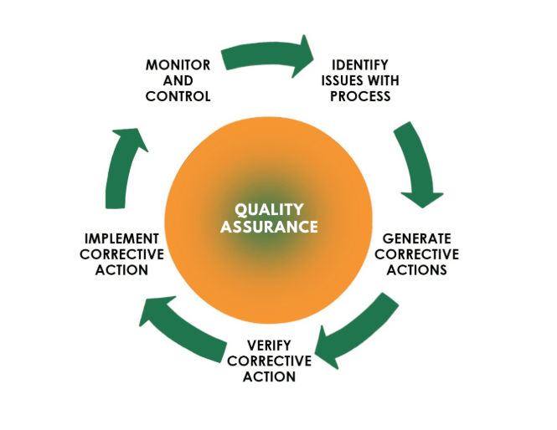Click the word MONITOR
(178, 64)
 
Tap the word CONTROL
(178, 95)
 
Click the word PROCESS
(360, 95)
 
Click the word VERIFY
(270, 346)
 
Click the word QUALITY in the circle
(269, 210)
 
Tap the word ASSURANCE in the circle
(269, 226)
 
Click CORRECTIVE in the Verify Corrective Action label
(270, 361)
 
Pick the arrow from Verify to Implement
(181, 322)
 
